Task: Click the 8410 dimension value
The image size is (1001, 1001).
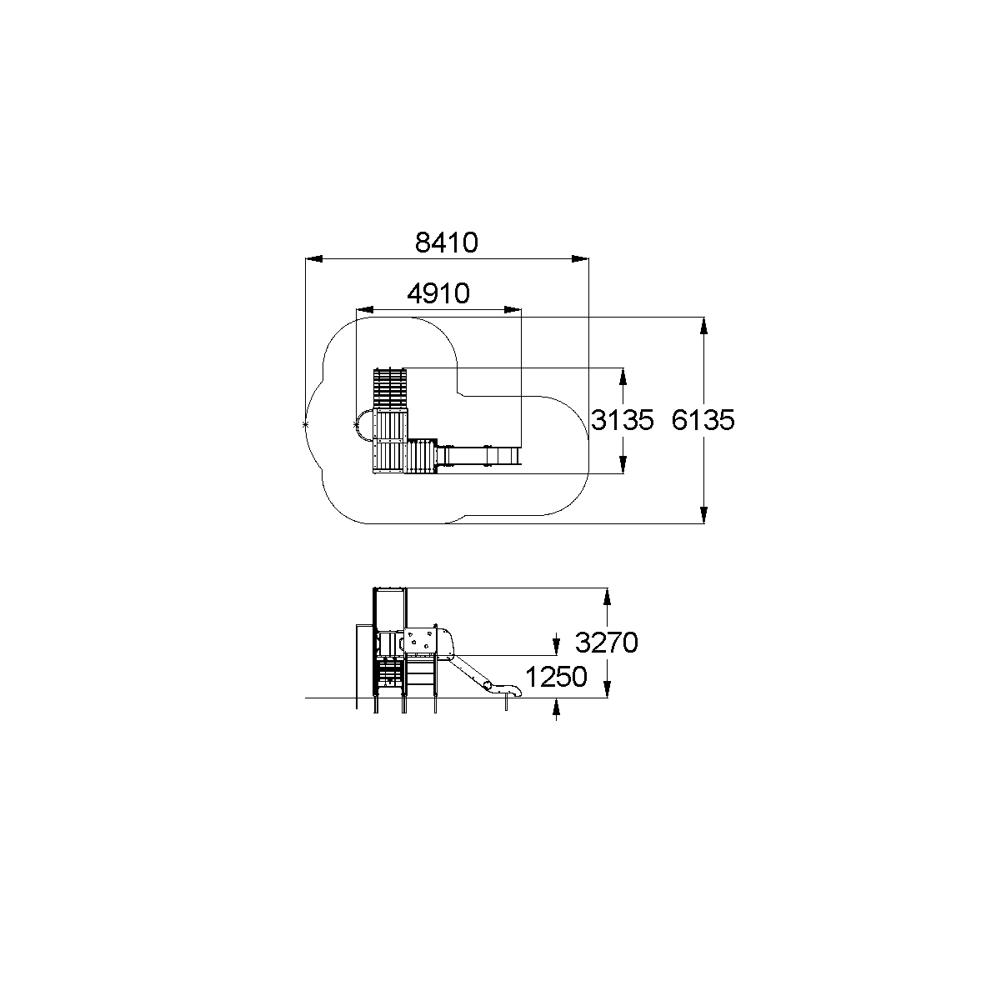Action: coord(446,243)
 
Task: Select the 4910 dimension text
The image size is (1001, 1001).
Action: coord(438,293)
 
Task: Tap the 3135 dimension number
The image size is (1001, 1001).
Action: coord(623,420)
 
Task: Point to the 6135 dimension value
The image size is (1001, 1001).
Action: coord(703,420)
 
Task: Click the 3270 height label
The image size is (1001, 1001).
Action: coord(606,643)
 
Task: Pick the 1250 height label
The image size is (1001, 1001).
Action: coord(556,676)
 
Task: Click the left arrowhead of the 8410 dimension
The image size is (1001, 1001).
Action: coord(313,258)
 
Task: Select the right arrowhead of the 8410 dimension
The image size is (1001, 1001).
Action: coord(580,258)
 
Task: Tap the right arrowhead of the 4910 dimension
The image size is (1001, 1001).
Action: coord(513,310)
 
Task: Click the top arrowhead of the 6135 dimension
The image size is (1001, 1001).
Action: coord(704,326)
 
